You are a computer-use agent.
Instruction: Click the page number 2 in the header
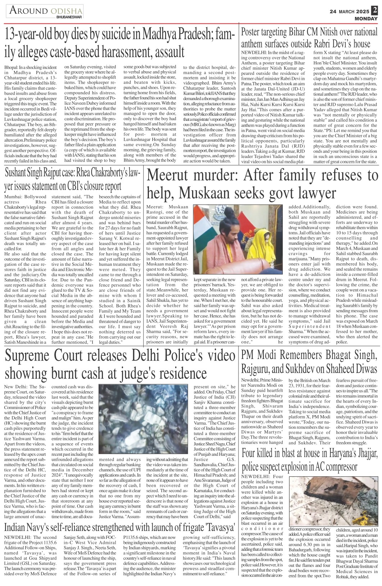(375, 10)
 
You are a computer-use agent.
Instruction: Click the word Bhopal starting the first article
(11, 67)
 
